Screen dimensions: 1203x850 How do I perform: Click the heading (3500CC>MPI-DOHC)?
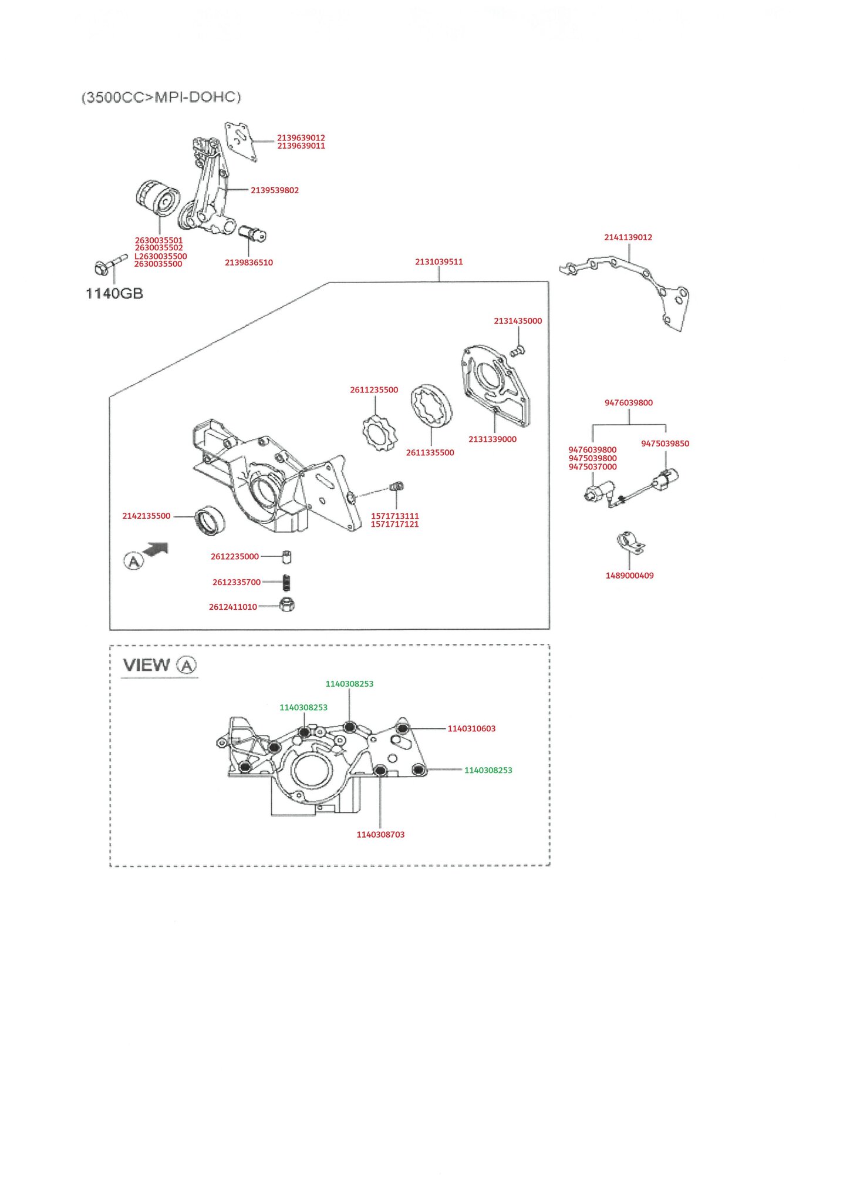coord(161,97)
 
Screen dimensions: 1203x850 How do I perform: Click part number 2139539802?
coord(274,190)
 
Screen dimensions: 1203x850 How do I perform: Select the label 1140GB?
coord(114,293)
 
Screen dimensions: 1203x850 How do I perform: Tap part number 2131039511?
coord(439,262)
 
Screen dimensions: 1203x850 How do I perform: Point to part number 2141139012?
coord(628,237)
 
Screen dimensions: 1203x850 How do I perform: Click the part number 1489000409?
coord(629,576)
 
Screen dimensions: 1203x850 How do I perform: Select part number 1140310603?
coord(471,728)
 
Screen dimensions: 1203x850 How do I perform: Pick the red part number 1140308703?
coord(380,835)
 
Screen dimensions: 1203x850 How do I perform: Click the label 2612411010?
coord(232,607)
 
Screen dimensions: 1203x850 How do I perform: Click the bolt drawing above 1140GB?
coord(110,264)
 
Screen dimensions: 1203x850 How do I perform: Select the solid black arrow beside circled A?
coord(157,549)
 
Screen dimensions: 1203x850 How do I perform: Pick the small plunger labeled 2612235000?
coord(286,556)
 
